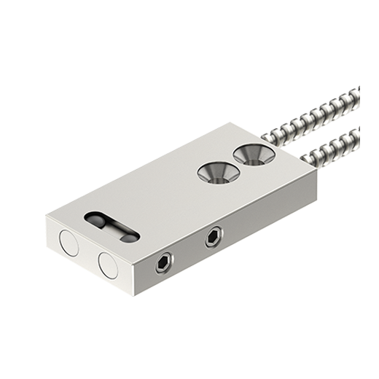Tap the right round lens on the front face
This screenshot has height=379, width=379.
(108, 265)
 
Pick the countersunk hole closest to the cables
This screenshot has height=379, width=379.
(250, 153)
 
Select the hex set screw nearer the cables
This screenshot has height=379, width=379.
(214, 235)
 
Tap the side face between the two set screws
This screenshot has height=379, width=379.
(189, 251)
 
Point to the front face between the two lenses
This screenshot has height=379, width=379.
(88, 254)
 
